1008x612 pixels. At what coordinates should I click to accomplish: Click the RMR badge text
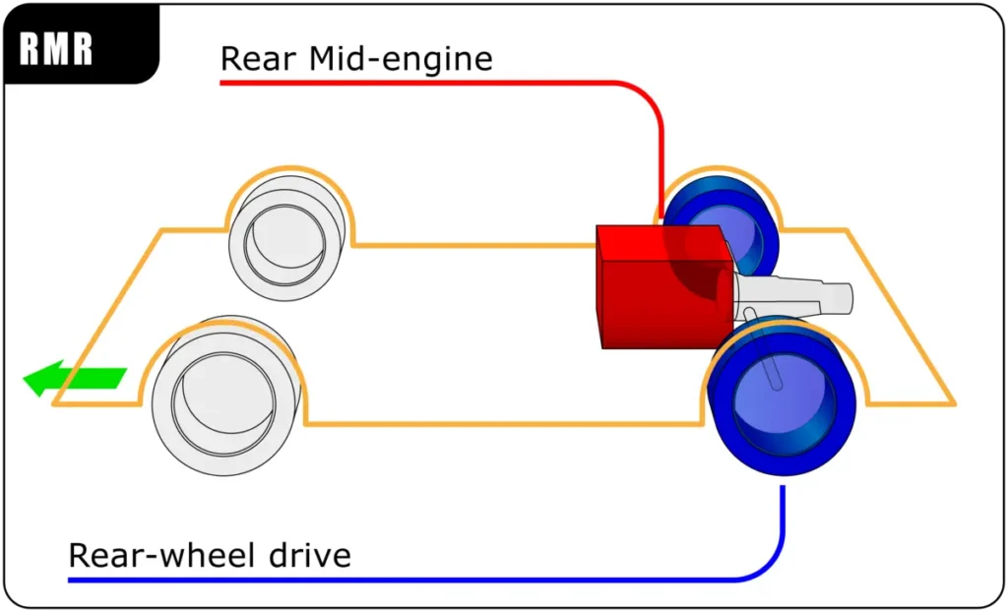click(56, 49)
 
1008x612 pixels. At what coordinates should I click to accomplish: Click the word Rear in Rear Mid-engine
click(259, 58)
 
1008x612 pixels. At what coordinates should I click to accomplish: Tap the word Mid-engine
click(401, 59)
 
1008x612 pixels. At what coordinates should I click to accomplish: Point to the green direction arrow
click(75, 378)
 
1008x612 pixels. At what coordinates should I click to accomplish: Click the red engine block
click(665, 286)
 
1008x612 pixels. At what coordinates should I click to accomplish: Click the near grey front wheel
click(226, 396)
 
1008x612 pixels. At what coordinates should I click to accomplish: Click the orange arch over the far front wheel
click(289, 168)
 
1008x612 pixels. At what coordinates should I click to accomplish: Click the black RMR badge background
click(81, 43)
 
